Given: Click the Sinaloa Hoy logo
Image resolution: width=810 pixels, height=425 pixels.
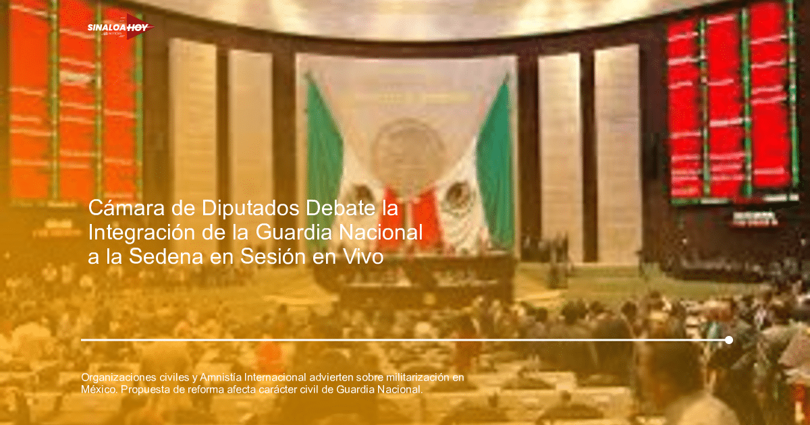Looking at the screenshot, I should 119,28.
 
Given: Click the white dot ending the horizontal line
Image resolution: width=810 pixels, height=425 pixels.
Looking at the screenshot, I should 728,340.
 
